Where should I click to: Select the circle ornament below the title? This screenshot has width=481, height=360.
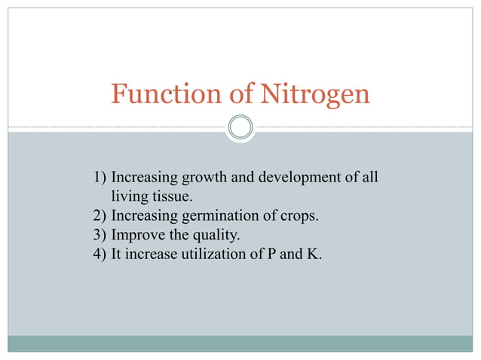pyautogui.click(x=240, y=127)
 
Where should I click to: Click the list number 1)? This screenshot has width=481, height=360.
pyautogui.click(x=100, y=178)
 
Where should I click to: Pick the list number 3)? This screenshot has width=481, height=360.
pyautogui.click(x=100, y=236)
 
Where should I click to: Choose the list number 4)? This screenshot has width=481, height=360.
pyautogui.click(x=100, y=255)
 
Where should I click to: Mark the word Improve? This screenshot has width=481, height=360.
pyautogui.click(x=135, y=236)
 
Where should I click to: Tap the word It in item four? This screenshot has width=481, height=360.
pyautogui.click(x=116, y=255)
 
